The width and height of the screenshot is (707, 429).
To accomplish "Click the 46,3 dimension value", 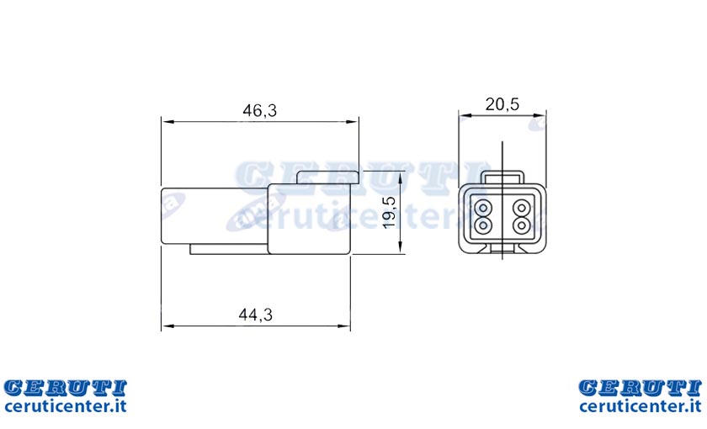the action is (x=259, y=110).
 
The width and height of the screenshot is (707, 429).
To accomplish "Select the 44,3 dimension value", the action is (x=256, y=315).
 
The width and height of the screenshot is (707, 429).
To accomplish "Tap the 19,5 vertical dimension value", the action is (x=389, y=212).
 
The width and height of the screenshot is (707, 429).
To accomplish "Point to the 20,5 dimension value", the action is (x=502, y=104).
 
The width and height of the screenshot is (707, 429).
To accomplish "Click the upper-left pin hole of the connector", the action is (x=483, y=208).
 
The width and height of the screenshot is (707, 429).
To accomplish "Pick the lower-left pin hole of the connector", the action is (x=483, y=224).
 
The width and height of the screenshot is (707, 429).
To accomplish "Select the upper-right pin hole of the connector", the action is (x=521, y=208).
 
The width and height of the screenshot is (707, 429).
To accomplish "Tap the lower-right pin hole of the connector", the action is (x=521, y=224).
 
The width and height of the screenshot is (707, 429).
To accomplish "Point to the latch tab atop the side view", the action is (x=327, y=177).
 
